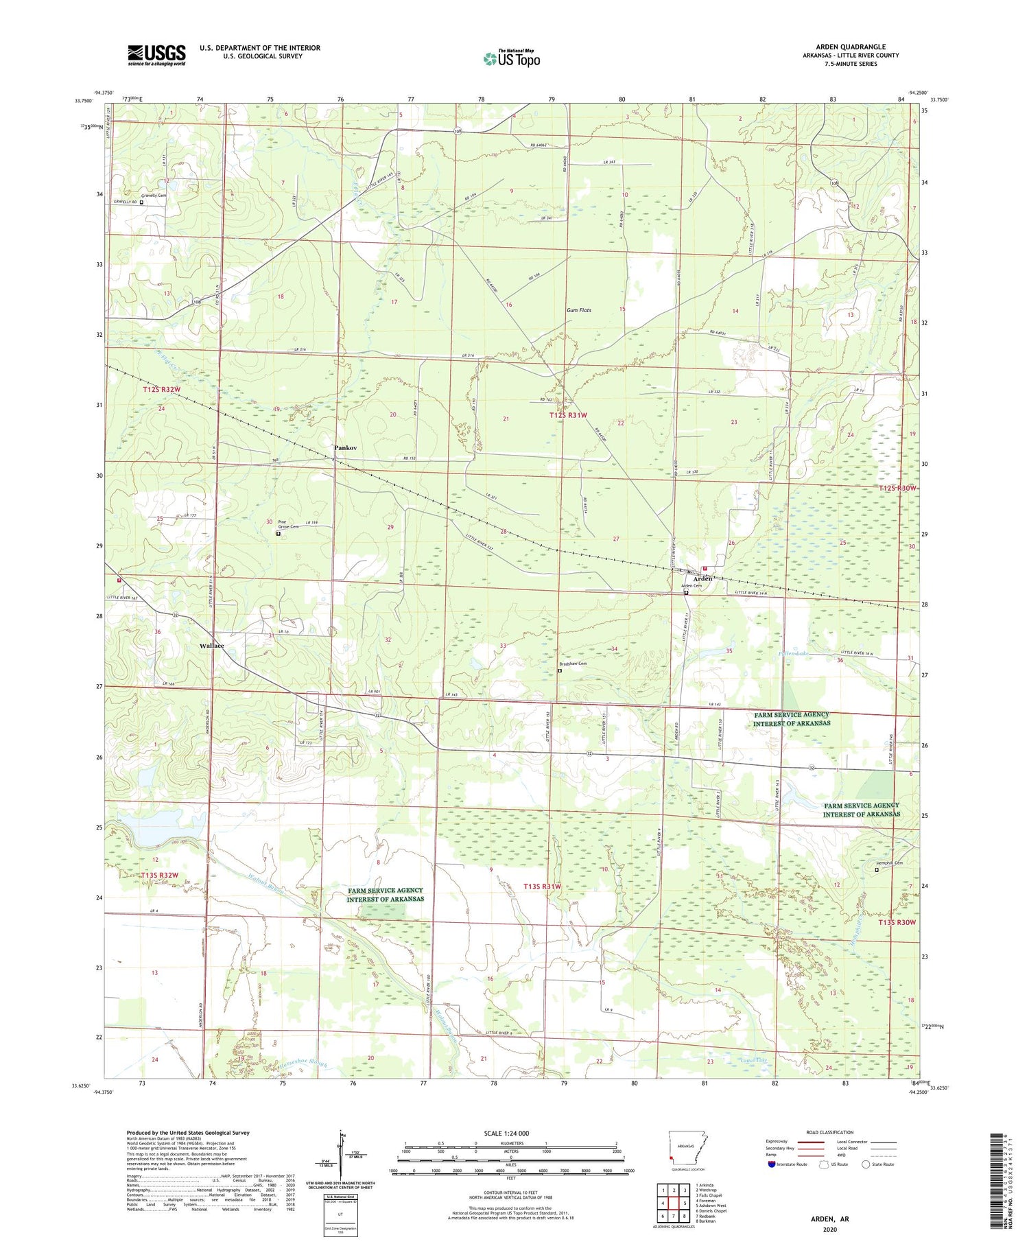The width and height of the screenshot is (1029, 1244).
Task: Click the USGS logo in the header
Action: point(156,55)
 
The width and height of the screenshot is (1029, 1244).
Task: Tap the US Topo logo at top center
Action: point(511,59)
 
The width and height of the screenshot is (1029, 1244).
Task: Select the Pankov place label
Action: point(345,448)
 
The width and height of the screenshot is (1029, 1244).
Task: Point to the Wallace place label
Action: point(211,646)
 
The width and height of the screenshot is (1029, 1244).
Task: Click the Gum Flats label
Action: point(578,310)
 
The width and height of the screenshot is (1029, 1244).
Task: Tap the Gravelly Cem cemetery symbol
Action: point(142,202)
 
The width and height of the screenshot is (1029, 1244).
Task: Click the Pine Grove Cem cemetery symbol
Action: point(278,533)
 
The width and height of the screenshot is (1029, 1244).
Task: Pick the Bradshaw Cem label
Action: point(573,664)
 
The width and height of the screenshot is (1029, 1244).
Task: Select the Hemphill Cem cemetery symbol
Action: point(876,870)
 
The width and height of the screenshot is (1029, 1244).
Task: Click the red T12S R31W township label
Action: point(568,415)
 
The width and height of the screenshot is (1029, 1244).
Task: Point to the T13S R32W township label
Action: point(160,875)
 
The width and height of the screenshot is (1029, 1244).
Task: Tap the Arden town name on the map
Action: point(701,578)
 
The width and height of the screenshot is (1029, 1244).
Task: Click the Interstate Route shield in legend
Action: point(772,1164)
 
